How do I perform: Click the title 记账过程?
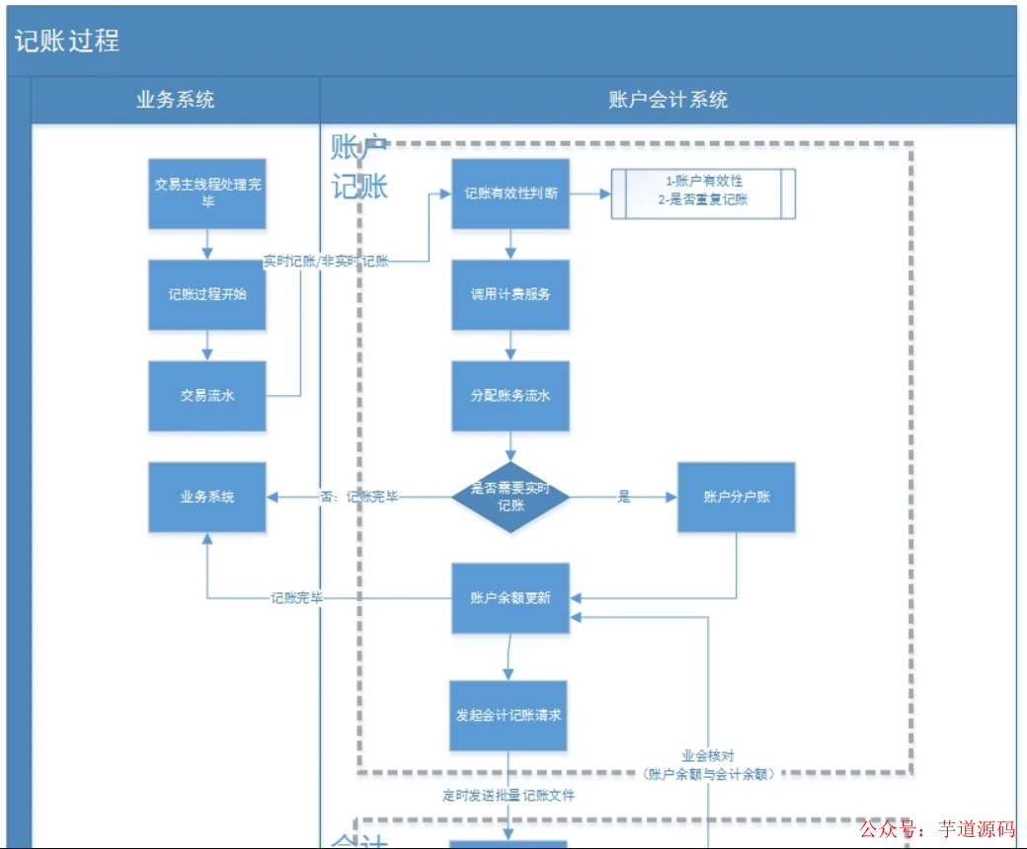pos(67,41)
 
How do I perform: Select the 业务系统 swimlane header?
pos(175,100)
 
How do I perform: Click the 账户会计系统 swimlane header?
pos(668,100)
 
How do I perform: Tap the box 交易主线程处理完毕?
pos(207,193)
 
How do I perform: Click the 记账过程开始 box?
pos(207,294)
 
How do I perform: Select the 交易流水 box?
pos(207,396)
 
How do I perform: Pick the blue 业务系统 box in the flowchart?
pos(207,497)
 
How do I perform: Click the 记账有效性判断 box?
pos(511,193)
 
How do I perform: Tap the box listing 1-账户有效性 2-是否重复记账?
pos(703,193)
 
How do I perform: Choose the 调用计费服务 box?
pos(511,294)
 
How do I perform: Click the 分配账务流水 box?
pos(511,396)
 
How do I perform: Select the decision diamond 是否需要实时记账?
pos(511,497)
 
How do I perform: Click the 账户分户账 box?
pos(736,497)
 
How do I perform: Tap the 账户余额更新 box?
pos(511,598)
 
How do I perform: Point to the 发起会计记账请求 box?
pos(509,715)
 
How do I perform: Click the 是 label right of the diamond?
pos(624,497)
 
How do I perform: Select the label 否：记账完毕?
pos(359,497)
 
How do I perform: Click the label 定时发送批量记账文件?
pos(509,795)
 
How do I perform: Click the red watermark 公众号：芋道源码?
pos(937,829)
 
